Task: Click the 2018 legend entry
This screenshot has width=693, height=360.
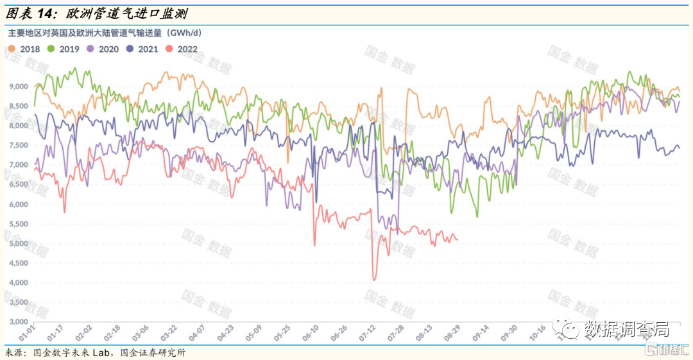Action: coord(25,49)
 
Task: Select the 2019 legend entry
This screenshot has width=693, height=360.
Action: coord(64,49)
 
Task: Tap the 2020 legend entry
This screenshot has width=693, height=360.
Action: coord(103,49)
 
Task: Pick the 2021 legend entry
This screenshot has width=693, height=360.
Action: coord(143,49)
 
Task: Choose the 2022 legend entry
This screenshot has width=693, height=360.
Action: coord(182,49)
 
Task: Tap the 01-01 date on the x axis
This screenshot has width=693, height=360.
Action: coord(27,335)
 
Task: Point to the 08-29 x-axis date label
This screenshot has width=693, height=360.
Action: coord(452,335)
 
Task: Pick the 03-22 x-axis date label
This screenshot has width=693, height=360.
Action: coord(169,335)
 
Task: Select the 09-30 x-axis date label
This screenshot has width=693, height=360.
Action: coord(509,335)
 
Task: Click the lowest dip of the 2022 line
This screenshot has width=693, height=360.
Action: coord(374,280)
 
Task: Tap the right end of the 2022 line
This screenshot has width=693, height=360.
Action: coord(457,240)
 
